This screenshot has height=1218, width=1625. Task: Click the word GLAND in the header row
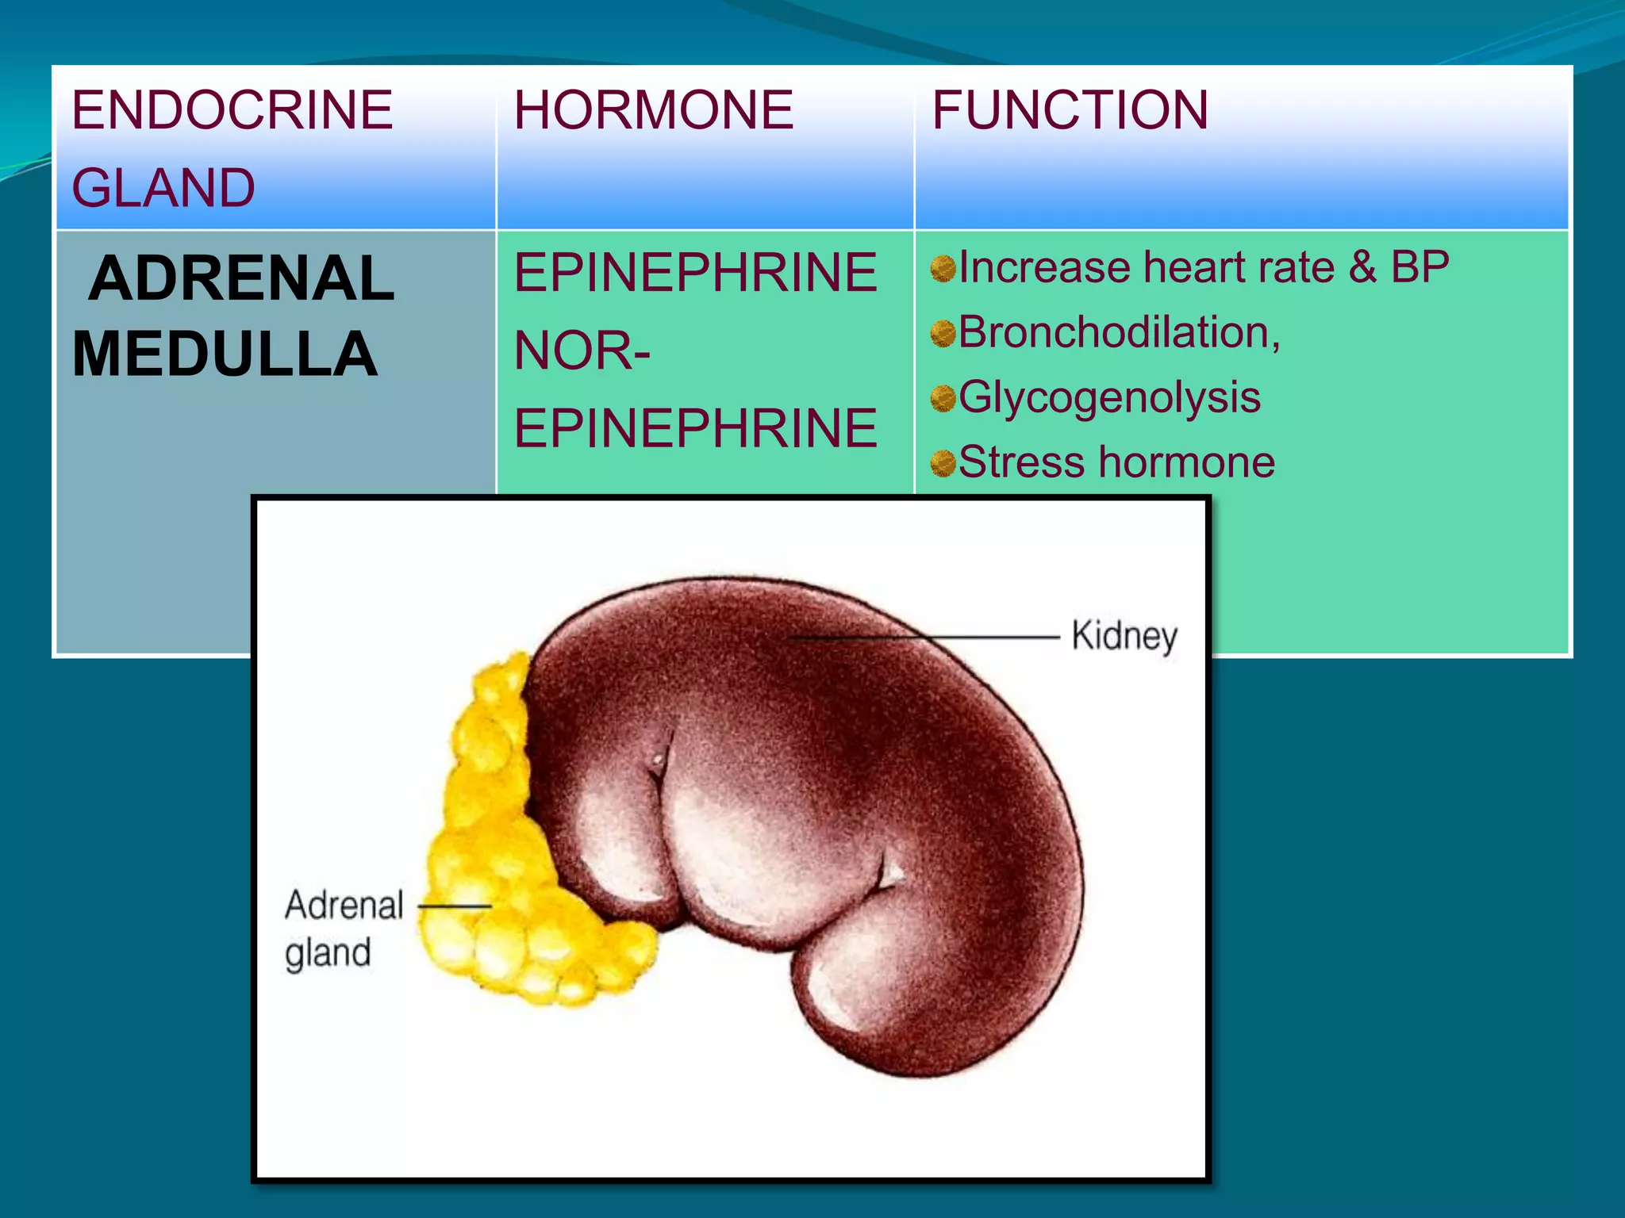pos(163,188)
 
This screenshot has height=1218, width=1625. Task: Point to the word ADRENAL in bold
pos(241,278)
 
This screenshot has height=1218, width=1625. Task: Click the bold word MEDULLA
pos(225,354)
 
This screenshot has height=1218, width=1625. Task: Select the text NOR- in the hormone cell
pos(582,350)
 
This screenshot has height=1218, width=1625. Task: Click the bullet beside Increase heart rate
pos(943,269)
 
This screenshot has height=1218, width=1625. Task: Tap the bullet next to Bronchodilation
pos(943,334)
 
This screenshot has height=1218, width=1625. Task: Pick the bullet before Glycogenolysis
pos(943,399)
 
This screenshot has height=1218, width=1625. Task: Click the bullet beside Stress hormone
pos(943,464)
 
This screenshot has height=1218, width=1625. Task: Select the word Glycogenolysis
pos(1109,397)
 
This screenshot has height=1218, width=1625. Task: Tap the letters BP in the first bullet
pos(1419,266)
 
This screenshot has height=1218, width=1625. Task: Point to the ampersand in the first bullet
pos(1362,266)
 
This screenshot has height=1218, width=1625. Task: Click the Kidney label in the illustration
pos(1124,637)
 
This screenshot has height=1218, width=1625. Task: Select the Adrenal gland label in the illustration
pos(343,928)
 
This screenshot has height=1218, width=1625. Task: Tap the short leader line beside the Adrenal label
pos(455,906)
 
